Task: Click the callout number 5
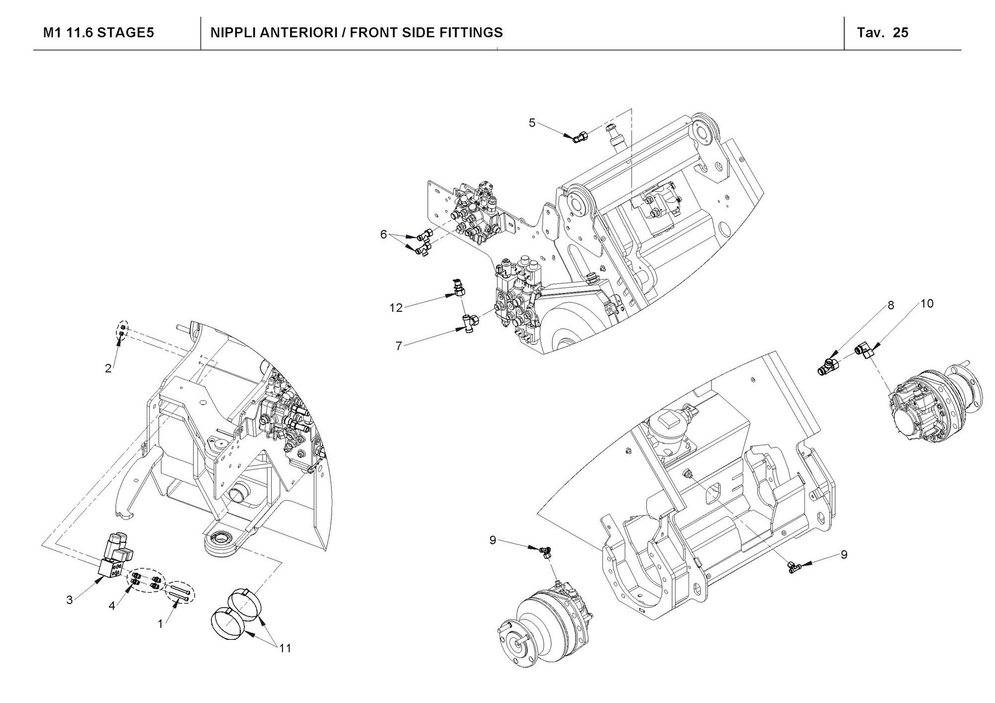point(532,123)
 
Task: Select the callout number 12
point(396,308)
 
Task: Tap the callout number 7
point(398,346)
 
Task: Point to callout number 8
point(891,305)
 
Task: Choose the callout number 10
point(927,303)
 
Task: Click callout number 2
point(108,368)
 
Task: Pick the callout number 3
point(70,600)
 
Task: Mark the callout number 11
point(285,648)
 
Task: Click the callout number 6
point(383,234)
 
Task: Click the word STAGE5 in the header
point(125,33)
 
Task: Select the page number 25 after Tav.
point(900,33)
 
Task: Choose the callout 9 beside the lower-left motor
point(493,540)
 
